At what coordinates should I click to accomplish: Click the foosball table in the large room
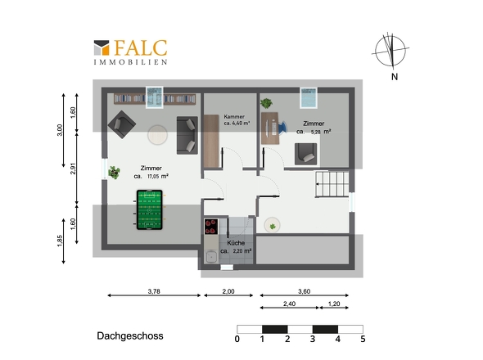coord(149,209)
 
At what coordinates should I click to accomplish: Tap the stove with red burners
coord(211,227)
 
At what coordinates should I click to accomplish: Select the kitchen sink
coord(211,256)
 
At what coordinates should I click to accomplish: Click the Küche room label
coord(236,243)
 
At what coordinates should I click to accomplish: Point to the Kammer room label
coord(234,116)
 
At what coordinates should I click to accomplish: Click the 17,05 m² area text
coord(158,177)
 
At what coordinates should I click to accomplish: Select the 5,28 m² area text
coord(321,132)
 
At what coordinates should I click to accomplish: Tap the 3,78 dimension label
coord(154,291)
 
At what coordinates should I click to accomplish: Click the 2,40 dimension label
coord(289,304)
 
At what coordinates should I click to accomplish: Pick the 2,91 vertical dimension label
coord(73,169)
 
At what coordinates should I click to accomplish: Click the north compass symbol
coord(390,51)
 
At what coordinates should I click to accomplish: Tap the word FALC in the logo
coord(141,48)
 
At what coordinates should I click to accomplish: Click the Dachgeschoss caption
coord(130,335)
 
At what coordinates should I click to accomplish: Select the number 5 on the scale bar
coord(363,339)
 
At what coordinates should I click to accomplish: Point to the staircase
coord(332,184)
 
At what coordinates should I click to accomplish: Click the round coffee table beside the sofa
coord(157,134)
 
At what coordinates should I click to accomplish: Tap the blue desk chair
coord(282,127)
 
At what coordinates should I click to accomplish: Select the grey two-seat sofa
coord(187,135)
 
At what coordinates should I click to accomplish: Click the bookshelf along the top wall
coord(155,99)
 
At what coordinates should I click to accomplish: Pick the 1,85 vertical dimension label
coord(60,241)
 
